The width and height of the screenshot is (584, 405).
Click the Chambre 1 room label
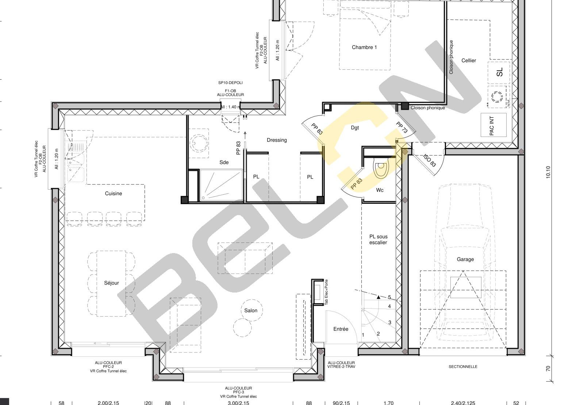click(364, 47)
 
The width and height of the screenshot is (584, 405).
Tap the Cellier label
click(469, 61)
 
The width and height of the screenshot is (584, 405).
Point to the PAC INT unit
click(493, 125)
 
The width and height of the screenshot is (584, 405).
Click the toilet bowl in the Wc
click(381, 167)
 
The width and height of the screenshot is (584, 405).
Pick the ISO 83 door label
click(429, 160)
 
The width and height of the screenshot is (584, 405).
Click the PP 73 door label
click(402, 127)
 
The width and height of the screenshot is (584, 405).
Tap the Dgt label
click(355, 127)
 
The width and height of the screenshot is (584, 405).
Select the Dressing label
click(277, 140)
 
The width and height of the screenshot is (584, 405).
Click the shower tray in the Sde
click(221, 185)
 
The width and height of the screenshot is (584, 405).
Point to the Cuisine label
click(114, 194)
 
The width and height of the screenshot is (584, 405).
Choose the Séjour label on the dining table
click(111, 283)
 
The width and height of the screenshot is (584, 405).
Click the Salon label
click(250, 310)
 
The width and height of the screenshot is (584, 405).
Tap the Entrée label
click(341, 329)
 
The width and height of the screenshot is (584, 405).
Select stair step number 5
click(389, 297)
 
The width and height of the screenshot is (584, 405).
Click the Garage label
click(465, 259)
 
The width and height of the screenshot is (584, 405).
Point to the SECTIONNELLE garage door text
click(463, 367)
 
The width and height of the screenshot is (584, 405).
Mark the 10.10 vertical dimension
click(548, 172)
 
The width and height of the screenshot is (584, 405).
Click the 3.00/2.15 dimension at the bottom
click(238, 403)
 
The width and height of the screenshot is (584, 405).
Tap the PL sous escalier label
click(378, 240)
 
